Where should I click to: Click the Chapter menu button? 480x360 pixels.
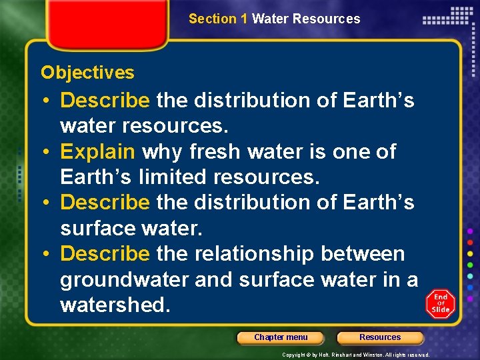point(281,337)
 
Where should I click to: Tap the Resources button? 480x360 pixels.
point(380,337)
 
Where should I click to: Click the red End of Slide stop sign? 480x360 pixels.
point(440,304)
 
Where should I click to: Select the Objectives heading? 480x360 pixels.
point(87,73)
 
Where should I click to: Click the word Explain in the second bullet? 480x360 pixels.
point(97,152)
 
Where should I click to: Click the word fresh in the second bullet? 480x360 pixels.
point(213,152)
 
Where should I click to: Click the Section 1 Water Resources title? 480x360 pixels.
point(274,19)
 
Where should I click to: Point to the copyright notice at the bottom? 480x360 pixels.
point(355,355)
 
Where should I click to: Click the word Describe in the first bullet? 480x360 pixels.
point(105,101)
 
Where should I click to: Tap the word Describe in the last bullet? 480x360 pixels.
point(105,254)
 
